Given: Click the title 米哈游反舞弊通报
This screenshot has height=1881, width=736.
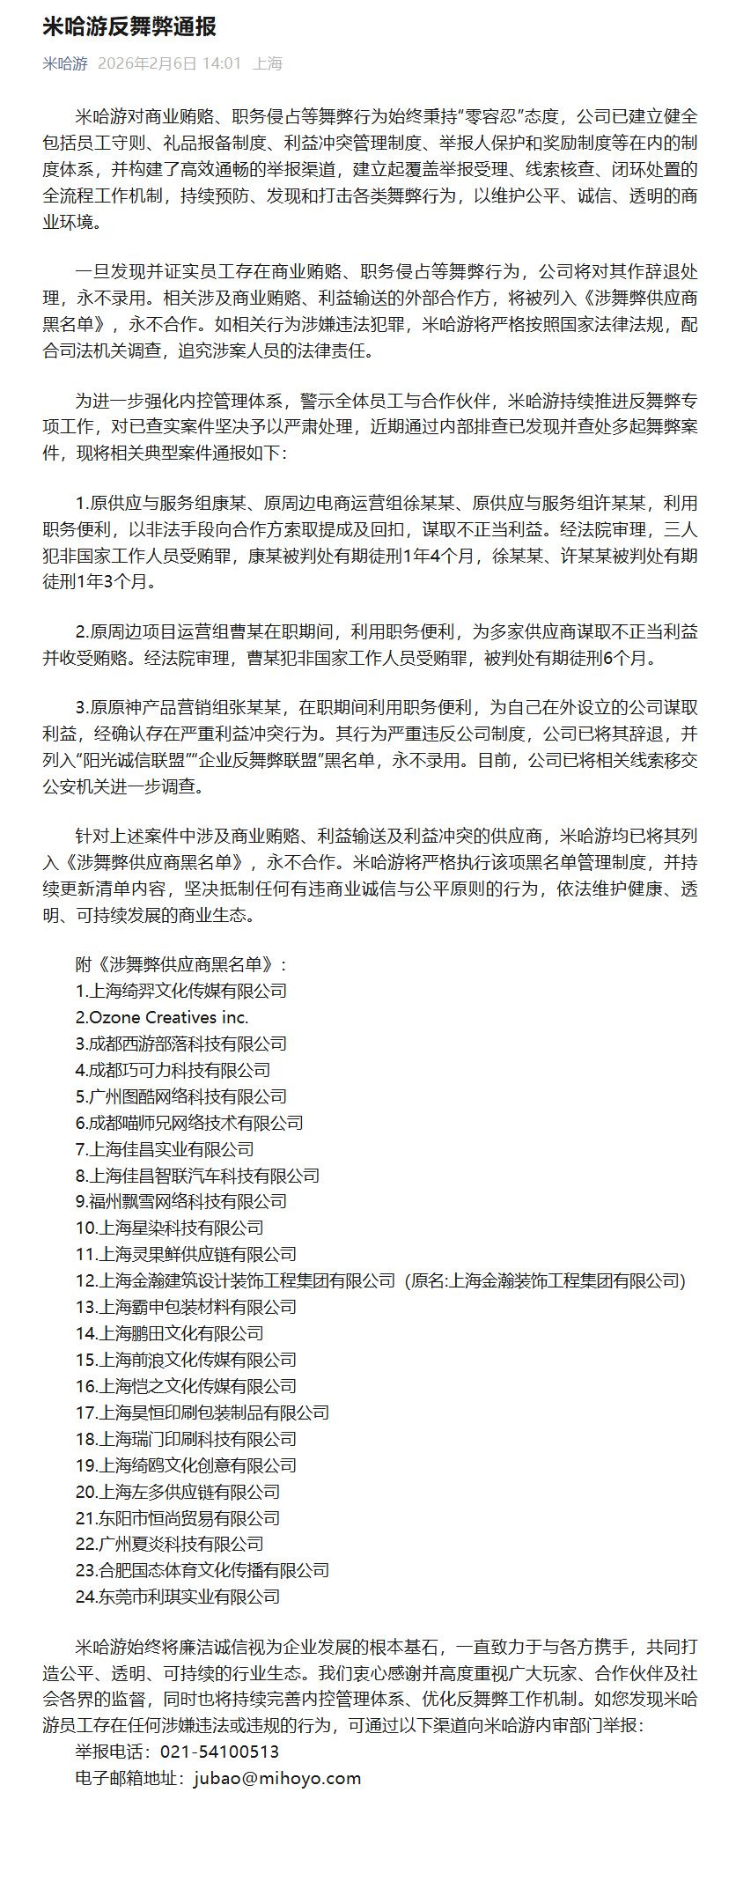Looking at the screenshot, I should coord(129,27).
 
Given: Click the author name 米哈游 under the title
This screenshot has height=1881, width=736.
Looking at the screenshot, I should coord(65,63).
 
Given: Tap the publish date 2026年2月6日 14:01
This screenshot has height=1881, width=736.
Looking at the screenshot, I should coord(169,63).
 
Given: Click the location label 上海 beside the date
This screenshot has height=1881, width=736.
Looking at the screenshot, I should coord(268,63).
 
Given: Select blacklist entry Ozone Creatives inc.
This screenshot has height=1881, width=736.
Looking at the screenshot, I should coord(162,1017).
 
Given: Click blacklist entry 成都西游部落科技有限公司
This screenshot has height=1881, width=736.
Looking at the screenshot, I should coord(181,1044).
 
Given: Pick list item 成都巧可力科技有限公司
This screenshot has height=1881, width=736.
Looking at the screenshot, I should coord(173,1070).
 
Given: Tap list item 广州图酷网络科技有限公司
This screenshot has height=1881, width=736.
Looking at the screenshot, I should coord(181,1096).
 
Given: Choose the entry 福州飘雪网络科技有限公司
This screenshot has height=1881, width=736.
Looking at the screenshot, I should coord(181,1201).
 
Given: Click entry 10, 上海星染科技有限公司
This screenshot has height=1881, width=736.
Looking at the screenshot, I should coord(170,1228).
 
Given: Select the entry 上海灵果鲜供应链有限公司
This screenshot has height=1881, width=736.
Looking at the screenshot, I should coord(186,1254).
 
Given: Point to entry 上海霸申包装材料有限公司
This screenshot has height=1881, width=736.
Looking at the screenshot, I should coord(186,1307).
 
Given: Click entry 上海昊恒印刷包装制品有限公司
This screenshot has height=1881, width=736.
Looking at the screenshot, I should coord(202,1413).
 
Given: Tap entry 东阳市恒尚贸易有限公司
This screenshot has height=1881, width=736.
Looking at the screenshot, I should coord(178,1518).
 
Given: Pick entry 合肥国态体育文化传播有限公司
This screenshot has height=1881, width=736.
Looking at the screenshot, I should coord(202,1570).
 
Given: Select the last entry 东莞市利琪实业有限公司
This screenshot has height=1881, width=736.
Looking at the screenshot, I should coord(178,1597).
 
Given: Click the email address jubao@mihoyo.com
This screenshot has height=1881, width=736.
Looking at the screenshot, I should coord(276,1753).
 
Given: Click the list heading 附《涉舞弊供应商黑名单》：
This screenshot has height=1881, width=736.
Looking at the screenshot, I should coord(181,964).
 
